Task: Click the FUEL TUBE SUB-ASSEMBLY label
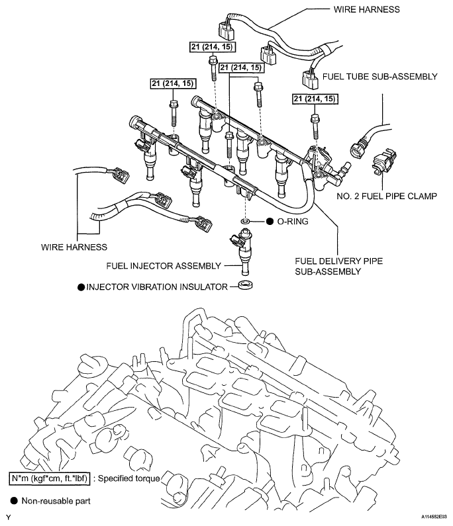(380, 77)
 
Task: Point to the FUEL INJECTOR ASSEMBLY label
(173, 265)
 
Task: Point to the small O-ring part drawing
(245, 219)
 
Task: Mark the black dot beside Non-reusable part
(14, 501)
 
